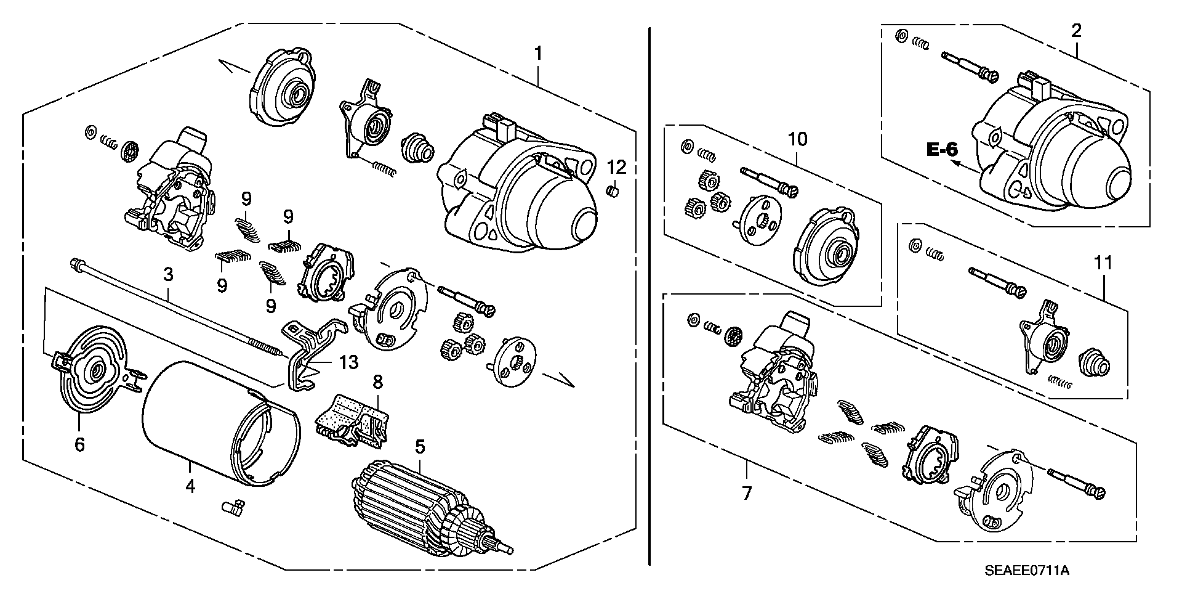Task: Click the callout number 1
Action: (538, 54)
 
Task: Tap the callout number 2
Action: (1076, 30)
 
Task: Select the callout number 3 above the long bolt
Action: (167, 275)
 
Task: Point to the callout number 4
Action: (191, 487)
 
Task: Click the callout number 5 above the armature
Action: (420, 446)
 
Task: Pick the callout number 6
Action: (79, 444)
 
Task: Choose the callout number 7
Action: (747, 493)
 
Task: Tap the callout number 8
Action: (377, 382)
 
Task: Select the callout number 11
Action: (1103, 263)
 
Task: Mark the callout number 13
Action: (348, 362)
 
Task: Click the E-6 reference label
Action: (943, 149)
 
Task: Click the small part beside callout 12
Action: (613, 192)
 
